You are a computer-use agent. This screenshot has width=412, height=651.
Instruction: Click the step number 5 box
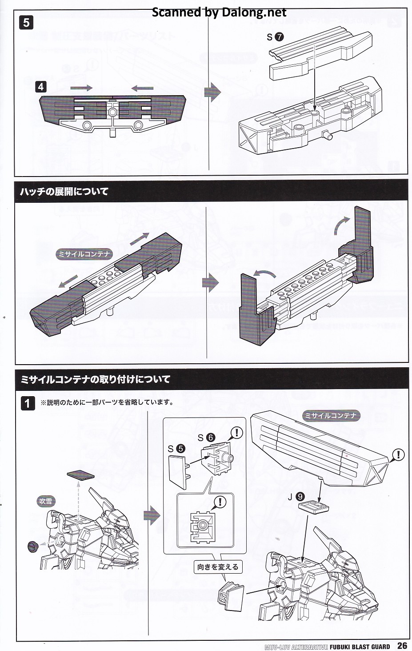pos(26,22)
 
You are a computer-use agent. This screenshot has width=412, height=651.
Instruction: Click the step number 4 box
pos(41,86)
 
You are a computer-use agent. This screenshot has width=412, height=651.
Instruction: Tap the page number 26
pos(402,646)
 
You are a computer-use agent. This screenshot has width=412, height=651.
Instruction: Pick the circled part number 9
pos(300,497)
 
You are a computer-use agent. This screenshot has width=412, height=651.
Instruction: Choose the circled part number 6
pos(210,438)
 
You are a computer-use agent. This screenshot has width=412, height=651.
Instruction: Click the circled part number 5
pos(180,449)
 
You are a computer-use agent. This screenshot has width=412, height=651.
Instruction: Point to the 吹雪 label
pos(46,501)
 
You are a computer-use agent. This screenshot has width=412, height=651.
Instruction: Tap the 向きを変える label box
pos(218,567)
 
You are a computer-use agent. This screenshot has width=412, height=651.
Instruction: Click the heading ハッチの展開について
pos(64,192)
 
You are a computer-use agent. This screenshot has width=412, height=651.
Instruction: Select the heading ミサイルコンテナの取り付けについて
pos(96,379)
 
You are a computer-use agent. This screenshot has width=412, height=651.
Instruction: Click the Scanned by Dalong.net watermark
pos(219,12)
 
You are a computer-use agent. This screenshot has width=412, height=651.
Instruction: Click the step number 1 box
pos(28,403)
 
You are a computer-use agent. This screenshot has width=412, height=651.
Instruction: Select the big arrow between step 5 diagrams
pos(212,92)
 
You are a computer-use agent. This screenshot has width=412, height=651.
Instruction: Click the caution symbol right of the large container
pos(398,454)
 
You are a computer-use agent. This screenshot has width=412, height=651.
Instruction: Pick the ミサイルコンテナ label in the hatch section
pos(84,254)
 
